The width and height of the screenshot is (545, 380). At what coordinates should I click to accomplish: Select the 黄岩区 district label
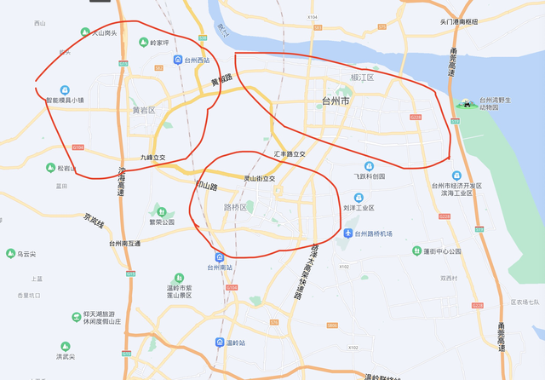(144, 111)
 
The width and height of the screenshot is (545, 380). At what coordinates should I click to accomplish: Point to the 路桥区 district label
(235, 207)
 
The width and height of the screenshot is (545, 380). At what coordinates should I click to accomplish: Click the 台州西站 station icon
(178, 60)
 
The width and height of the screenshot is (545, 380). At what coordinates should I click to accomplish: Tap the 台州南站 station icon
(220, 256)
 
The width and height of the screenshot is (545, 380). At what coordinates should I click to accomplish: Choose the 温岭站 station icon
(219, 343)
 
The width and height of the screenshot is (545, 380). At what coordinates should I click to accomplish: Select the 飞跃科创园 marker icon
(369, 166)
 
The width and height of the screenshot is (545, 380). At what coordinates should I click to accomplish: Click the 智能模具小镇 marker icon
(65, 89)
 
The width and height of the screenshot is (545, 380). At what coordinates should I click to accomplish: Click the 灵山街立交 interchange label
(260, 179)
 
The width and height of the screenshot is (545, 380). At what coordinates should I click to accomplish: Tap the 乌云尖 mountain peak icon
(11, 254)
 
